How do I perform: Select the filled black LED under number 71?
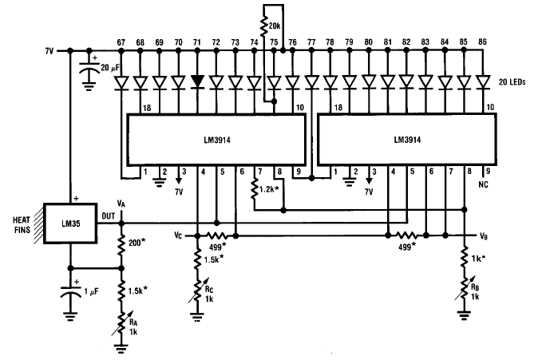coord(197,81)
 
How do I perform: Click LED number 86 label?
coord(482,41)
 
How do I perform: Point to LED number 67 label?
coord(122,41)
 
